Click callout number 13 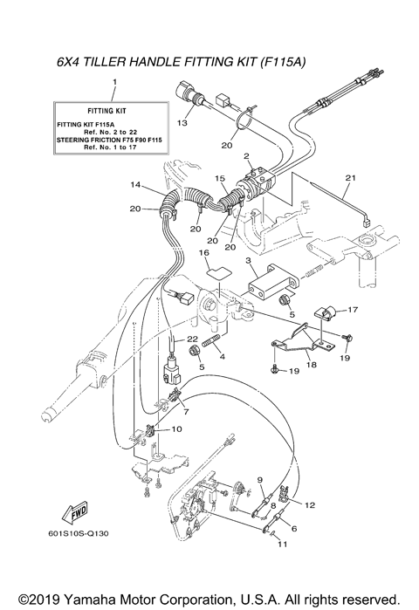[182, 124]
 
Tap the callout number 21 [351, 179]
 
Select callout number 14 [136, 185]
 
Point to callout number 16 [204, 253]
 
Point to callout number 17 [354, 310]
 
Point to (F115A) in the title [283, 63]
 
